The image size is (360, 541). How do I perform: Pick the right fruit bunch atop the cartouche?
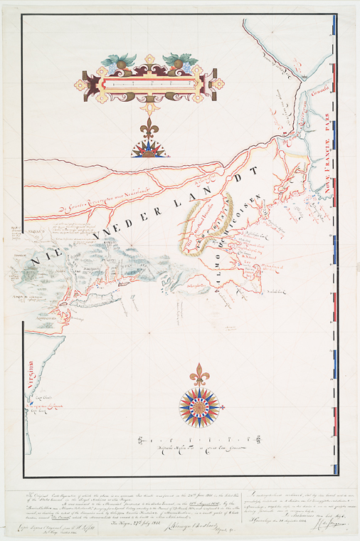pos(178,62)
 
